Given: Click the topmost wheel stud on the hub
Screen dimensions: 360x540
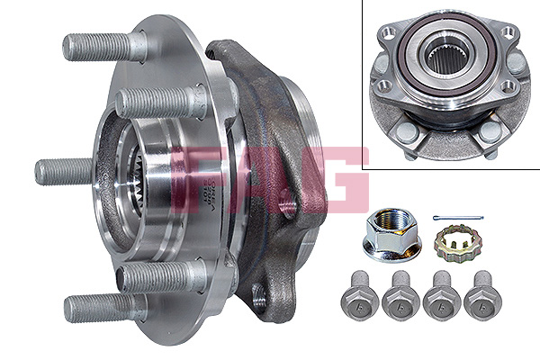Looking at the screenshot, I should (103, 45).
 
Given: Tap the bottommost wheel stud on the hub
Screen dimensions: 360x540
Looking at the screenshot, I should (103, 306).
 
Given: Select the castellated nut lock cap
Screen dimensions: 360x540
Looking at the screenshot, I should (454, 241).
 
